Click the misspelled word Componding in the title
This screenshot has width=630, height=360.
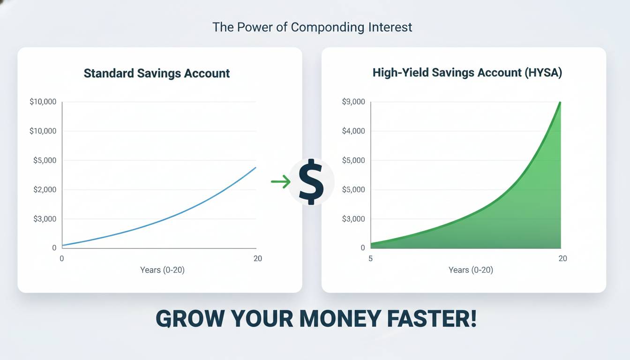pyautogui.click(x=328, y=28)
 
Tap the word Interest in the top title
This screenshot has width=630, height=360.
pyautogui.click(x=390, y=27)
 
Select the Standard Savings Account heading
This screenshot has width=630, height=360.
pyautogui.click(x=157, y=74)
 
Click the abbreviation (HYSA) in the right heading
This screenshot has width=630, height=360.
pyautogui.click(x=543, y=73)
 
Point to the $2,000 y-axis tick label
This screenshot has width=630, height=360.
pyautogui.click(x=45, y=189)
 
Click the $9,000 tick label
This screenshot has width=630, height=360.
pyautogui.click(x=353, y=102)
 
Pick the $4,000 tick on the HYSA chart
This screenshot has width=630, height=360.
pyautogui.click(x=353, y=131)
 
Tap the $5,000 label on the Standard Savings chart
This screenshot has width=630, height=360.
pyautogui.click(x=45, y=160)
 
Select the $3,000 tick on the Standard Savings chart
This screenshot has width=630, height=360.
pyautogui.click(x=45, y=219)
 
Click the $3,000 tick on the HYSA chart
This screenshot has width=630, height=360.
pyautogui.click(x=353, y=219)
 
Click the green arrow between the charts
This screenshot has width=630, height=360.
pyautogui.click(x=281, y=181)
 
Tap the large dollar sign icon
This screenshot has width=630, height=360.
pyautogui.click(x=311, y=182)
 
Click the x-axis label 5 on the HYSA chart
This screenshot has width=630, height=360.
pyautogui.click(x=370, y=258)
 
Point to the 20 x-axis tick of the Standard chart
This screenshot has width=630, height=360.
pyautogui.click(x=258, y=258)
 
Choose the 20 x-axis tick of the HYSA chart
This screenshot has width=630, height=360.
pyautogui.click(x=563, y=258)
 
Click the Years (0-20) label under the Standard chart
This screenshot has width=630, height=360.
pyautogui.click(x=162, y=270)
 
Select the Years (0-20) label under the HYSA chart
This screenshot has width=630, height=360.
pyautogui.click(x=471, y=270)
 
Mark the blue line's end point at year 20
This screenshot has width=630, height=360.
pyautogui.click(x=255, y=168)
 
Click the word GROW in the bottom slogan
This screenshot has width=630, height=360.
pyautogui.click(x=190, y=319)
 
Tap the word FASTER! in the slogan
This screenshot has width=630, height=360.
pyautogui.click(x=432, y=318)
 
